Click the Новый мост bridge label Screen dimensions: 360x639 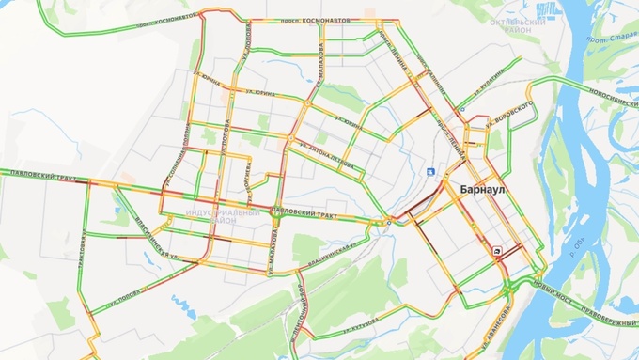553,281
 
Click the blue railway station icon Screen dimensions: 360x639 430,171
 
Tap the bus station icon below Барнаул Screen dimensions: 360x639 497,250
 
